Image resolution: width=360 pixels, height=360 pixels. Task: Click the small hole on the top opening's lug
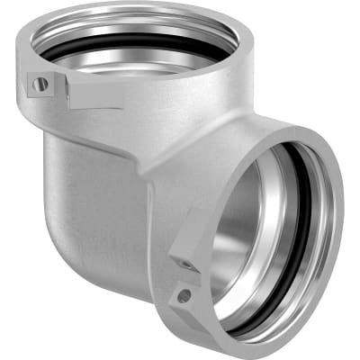40,84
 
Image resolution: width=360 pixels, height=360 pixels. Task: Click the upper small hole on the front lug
186,265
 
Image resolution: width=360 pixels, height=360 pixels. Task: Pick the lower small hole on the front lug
184,294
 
